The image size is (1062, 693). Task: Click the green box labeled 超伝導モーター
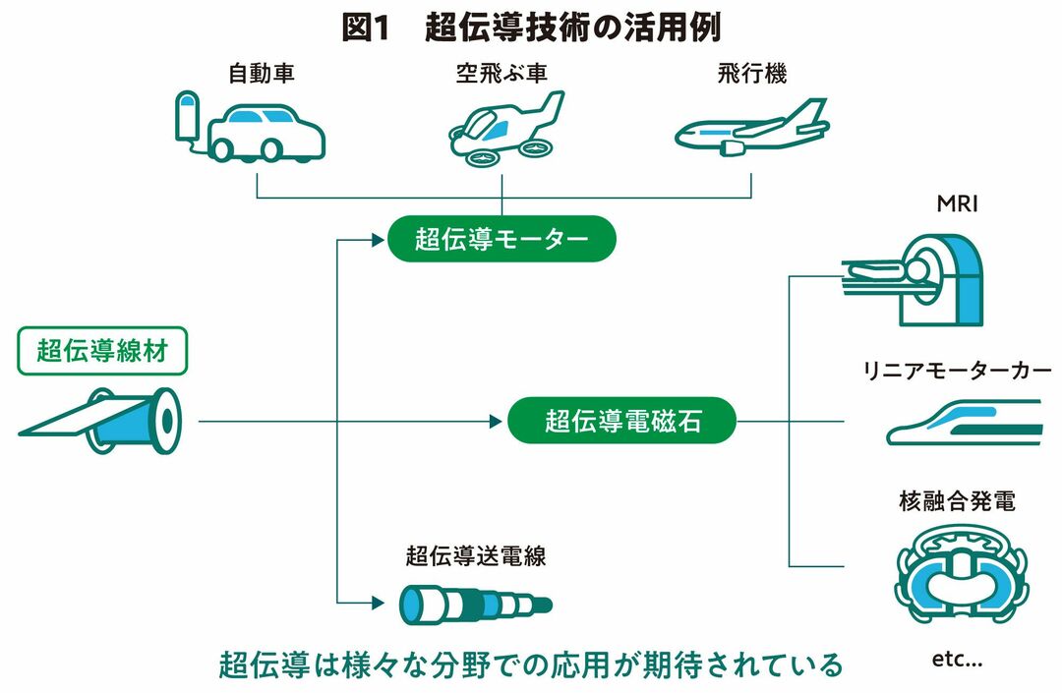click(x=501, y=240)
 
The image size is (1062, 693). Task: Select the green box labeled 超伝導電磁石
click(x=622, y=422)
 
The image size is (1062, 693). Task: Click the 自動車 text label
click(x=262, y=74)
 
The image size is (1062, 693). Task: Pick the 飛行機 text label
click(x=753, y=74)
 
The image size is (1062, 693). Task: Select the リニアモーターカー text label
click(x=957, y=371)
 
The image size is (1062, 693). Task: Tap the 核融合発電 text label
click(x=956, y=502)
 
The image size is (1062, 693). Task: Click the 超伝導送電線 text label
click(x=475, y=555)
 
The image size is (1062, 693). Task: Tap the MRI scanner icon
click(x=914, y=279)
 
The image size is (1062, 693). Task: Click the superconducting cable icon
click(x=475, y=602)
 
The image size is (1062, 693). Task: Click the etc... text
click(x=956, y=660)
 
